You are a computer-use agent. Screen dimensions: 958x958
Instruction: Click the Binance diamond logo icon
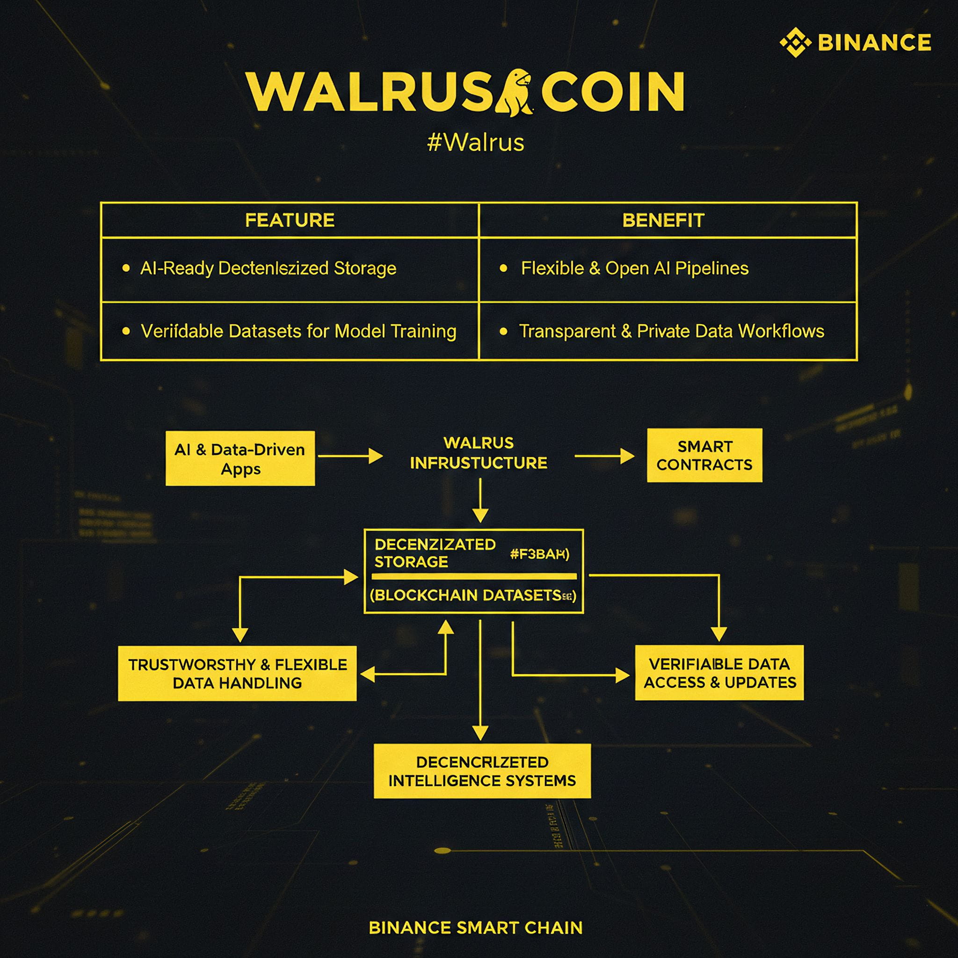(795, 42)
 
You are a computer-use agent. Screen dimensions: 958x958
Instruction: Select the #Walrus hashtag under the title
(476, 143)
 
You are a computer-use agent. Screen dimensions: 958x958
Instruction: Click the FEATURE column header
(290, 220)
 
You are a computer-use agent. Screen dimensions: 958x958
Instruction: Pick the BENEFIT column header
(663, 220)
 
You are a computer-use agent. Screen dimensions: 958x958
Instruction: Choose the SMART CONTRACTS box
(704, 455)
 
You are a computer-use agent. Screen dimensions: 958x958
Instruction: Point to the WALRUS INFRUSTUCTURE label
(479, 453)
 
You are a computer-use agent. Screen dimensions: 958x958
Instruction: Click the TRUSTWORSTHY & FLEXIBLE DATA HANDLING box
(237, 674)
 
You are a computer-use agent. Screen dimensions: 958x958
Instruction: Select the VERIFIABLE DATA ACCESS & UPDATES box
(719, 673)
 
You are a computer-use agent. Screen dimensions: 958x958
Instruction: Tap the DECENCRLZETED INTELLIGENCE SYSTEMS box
(482, 771)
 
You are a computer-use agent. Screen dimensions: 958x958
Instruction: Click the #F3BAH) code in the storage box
(539, 554)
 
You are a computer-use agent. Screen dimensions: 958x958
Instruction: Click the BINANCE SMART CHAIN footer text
(476, 928)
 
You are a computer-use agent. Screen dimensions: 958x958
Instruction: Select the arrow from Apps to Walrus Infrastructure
(350, 456)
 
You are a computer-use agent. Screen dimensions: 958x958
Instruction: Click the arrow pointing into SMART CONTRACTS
(604, 456)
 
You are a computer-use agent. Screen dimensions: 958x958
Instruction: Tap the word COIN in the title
(613, 92)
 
